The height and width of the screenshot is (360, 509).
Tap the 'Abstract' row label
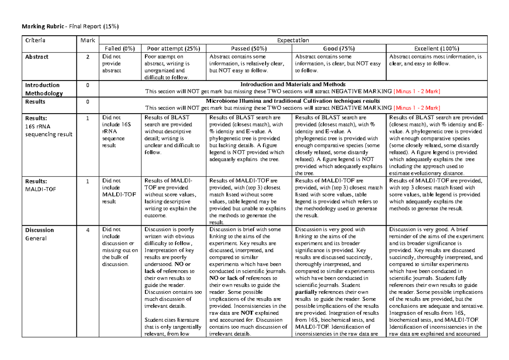click(x=36, y=57)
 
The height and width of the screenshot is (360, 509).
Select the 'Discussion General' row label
click(x=40, y=234)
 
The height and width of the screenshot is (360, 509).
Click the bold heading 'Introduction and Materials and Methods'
click(x=293, y=84)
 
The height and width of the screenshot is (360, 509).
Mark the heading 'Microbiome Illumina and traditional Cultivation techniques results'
click(x=293, y=101)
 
